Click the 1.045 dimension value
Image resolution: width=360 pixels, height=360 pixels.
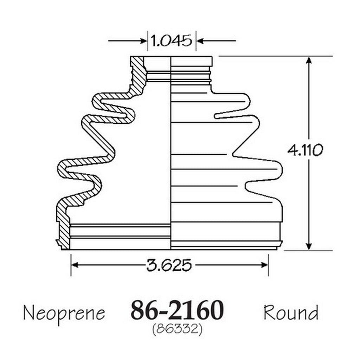[171, 41]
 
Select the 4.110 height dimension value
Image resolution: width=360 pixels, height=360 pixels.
[305, 150]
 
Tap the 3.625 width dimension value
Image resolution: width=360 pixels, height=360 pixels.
[169, 265]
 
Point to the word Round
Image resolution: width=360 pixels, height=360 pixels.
[291, 312]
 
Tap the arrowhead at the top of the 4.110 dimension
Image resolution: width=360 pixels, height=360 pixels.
[309, 60]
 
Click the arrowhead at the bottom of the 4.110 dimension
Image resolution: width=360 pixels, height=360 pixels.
[309, 246]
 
